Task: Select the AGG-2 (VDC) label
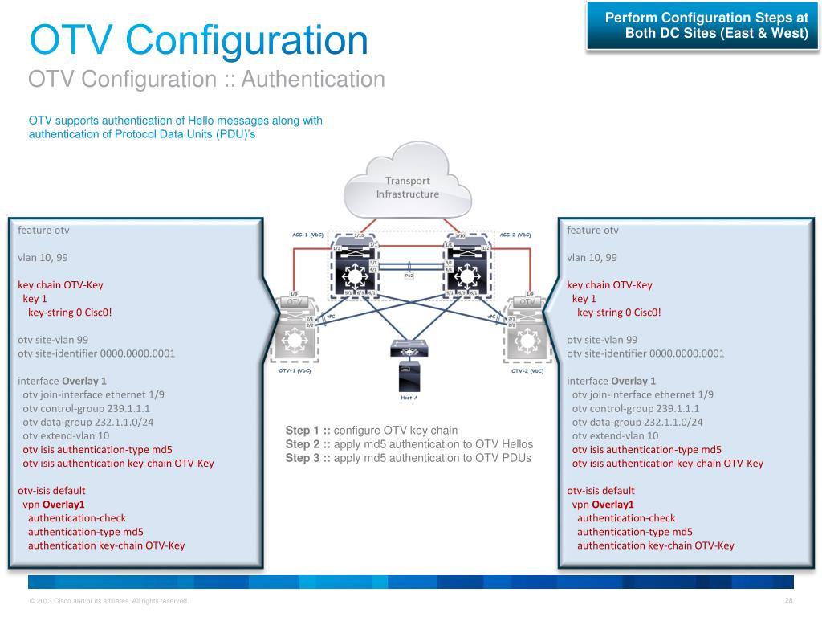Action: (x=515, y=235)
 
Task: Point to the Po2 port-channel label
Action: (x=409, y=274)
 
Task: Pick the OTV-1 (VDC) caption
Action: (x=294, y=371)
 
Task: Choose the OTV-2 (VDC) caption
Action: (x=527, y=371)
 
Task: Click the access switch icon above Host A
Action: (x=408, y=348)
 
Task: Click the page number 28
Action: (x=788, y=601)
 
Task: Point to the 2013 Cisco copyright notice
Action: (x=108, y=601)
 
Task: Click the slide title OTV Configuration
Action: (x=198, y=40)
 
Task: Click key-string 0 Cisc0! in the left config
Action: (x=70, y=313)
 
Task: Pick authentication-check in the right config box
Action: (x=626, y=518)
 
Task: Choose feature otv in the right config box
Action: (x=592, y=231)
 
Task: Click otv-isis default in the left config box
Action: (x=51, y=490)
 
